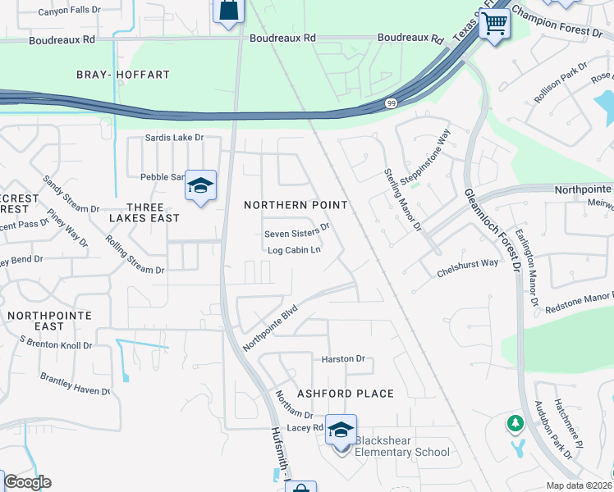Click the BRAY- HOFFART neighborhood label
click(123, 75)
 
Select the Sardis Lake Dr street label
click(174, 138)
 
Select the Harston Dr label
click(343, 359)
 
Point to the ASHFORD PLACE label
click(345, 394)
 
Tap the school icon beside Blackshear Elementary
click(341, 429)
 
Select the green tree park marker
click(515, 423)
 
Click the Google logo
click(26, 482)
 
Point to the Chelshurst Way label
click(468, 263)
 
